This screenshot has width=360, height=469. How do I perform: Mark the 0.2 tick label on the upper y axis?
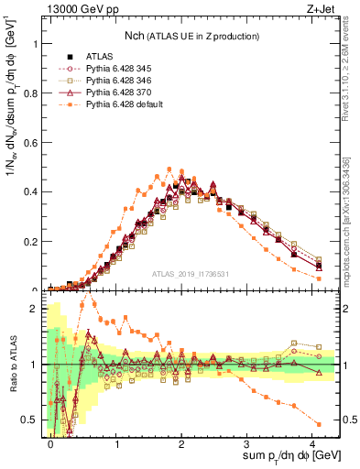(x=30, y=241)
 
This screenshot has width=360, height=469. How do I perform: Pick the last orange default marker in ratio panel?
(x=319, y=423)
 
